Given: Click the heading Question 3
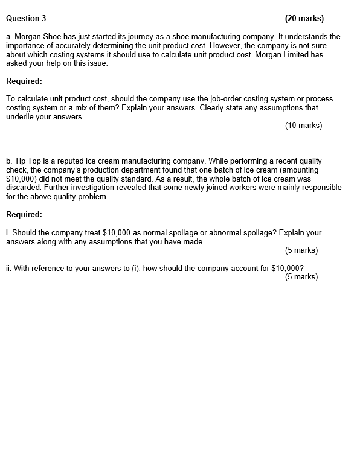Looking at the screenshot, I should [26, 18].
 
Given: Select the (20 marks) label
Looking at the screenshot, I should [304, 18].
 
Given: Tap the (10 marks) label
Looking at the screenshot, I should [303, 126].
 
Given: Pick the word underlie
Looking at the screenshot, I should [21, 116].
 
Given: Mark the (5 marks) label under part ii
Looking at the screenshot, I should [301, 276].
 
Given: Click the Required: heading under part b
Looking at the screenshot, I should [24, 214].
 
